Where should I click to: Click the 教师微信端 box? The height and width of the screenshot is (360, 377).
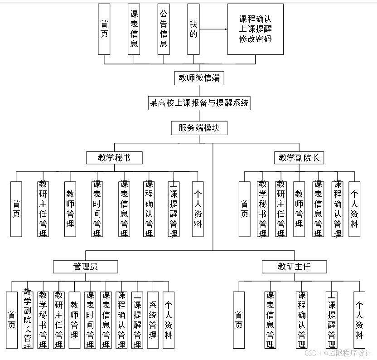(x=199, y=78)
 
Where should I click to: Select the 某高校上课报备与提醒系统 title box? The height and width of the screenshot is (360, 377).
(x=199, y=103)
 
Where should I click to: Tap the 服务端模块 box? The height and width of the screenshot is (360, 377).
(x=199, y=128)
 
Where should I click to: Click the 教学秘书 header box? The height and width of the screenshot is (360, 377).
(x=114, y=158)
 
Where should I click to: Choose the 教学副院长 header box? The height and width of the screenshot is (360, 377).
(x=299, y=158)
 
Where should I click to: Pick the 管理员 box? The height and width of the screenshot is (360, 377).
(x=85, y=267)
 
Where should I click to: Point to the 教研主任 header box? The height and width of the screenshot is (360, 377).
(x=294, y=267)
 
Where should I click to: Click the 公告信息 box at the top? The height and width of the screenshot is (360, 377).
(x=164, y=29)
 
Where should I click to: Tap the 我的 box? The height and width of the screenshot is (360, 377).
(x=193, y=29)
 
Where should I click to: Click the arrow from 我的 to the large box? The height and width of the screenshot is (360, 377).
(x=213, y=29)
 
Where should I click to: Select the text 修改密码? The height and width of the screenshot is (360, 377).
(x=256, y=39)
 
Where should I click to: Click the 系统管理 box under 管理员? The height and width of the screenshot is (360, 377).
(x=153, y=320)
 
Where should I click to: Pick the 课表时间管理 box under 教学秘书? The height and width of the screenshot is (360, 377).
(x=97, y=209)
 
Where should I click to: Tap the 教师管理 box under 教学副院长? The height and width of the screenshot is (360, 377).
(x=299, y=209)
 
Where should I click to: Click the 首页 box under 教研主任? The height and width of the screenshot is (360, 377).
(x=239, y=320)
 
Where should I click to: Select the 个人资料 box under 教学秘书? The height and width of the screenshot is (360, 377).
(x=198, y=209)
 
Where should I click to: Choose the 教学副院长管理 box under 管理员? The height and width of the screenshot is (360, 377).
(x=28, y=320)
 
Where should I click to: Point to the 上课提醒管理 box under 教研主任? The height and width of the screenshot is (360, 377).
(x=332, y=320)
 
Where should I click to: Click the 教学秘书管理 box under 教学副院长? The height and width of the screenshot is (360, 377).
(x=263, y=209)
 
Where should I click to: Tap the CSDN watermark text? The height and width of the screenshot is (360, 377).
(x=338, y=353)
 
